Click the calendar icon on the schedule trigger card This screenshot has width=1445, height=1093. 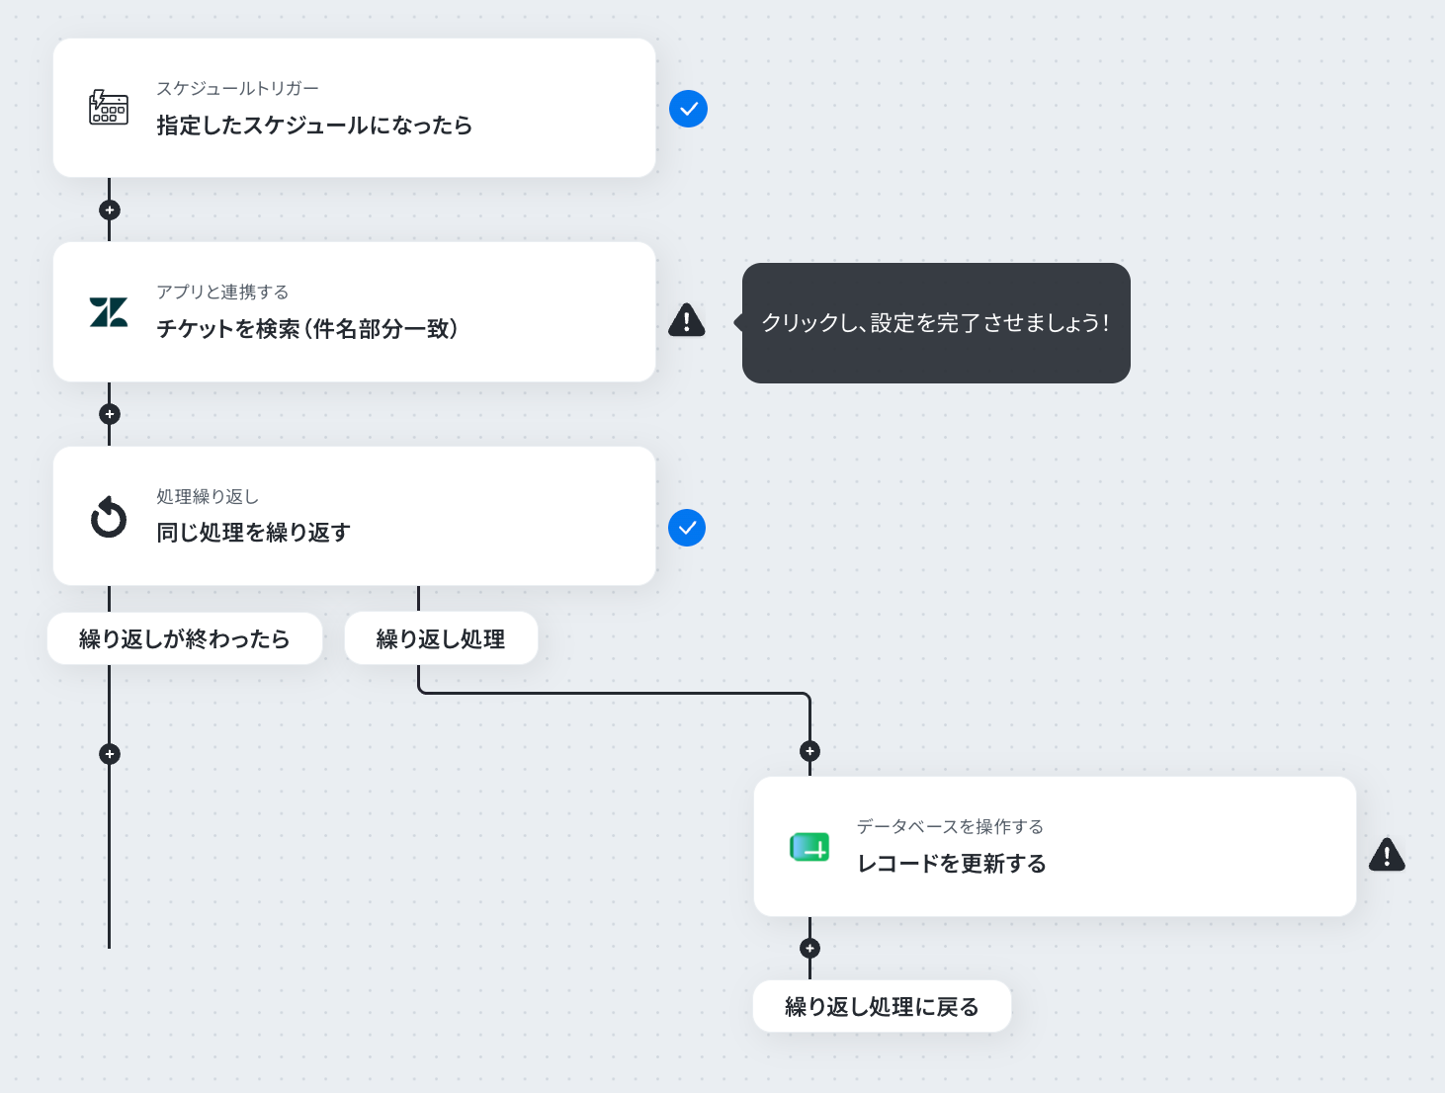click(109, 108)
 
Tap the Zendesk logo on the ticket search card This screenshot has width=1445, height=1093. click(109, 312)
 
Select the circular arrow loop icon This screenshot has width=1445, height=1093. click(109, 517)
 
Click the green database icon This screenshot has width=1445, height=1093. click(809, 847)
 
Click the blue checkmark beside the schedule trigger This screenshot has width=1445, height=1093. click(688, 109)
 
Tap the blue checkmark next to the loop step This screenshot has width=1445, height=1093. click(687, 528)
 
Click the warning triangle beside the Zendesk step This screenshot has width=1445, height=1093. click(687, 320)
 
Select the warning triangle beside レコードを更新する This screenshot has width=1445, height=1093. click(1387, 855)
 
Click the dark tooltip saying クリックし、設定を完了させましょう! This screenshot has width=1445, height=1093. click(935, 323)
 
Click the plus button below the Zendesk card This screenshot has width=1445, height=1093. click(110, 414)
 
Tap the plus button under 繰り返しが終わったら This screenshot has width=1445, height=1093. click(110, 753)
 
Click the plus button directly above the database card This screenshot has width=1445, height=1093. click(809, 751)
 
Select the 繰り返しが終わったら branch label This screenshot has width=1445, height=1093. click(184, 638)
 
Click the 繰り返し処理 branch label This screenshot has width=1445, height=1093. click(441, 638)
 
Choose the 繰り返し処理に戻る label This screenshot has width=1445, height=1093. click(882, 1006)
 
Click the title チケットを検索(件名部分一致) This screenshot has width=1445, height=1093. click(306, 328)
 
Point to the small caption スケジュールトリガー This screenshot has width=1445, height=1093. click(237, 88)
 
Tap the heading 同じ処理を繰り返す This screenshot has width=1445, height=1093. click(253, 532)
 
